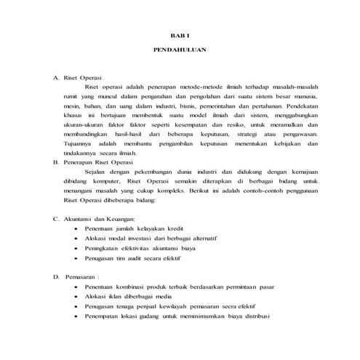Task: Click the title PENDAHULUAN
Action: pos(179,52)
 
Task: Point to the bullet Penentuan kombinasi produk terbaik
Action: pos(175,287)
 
